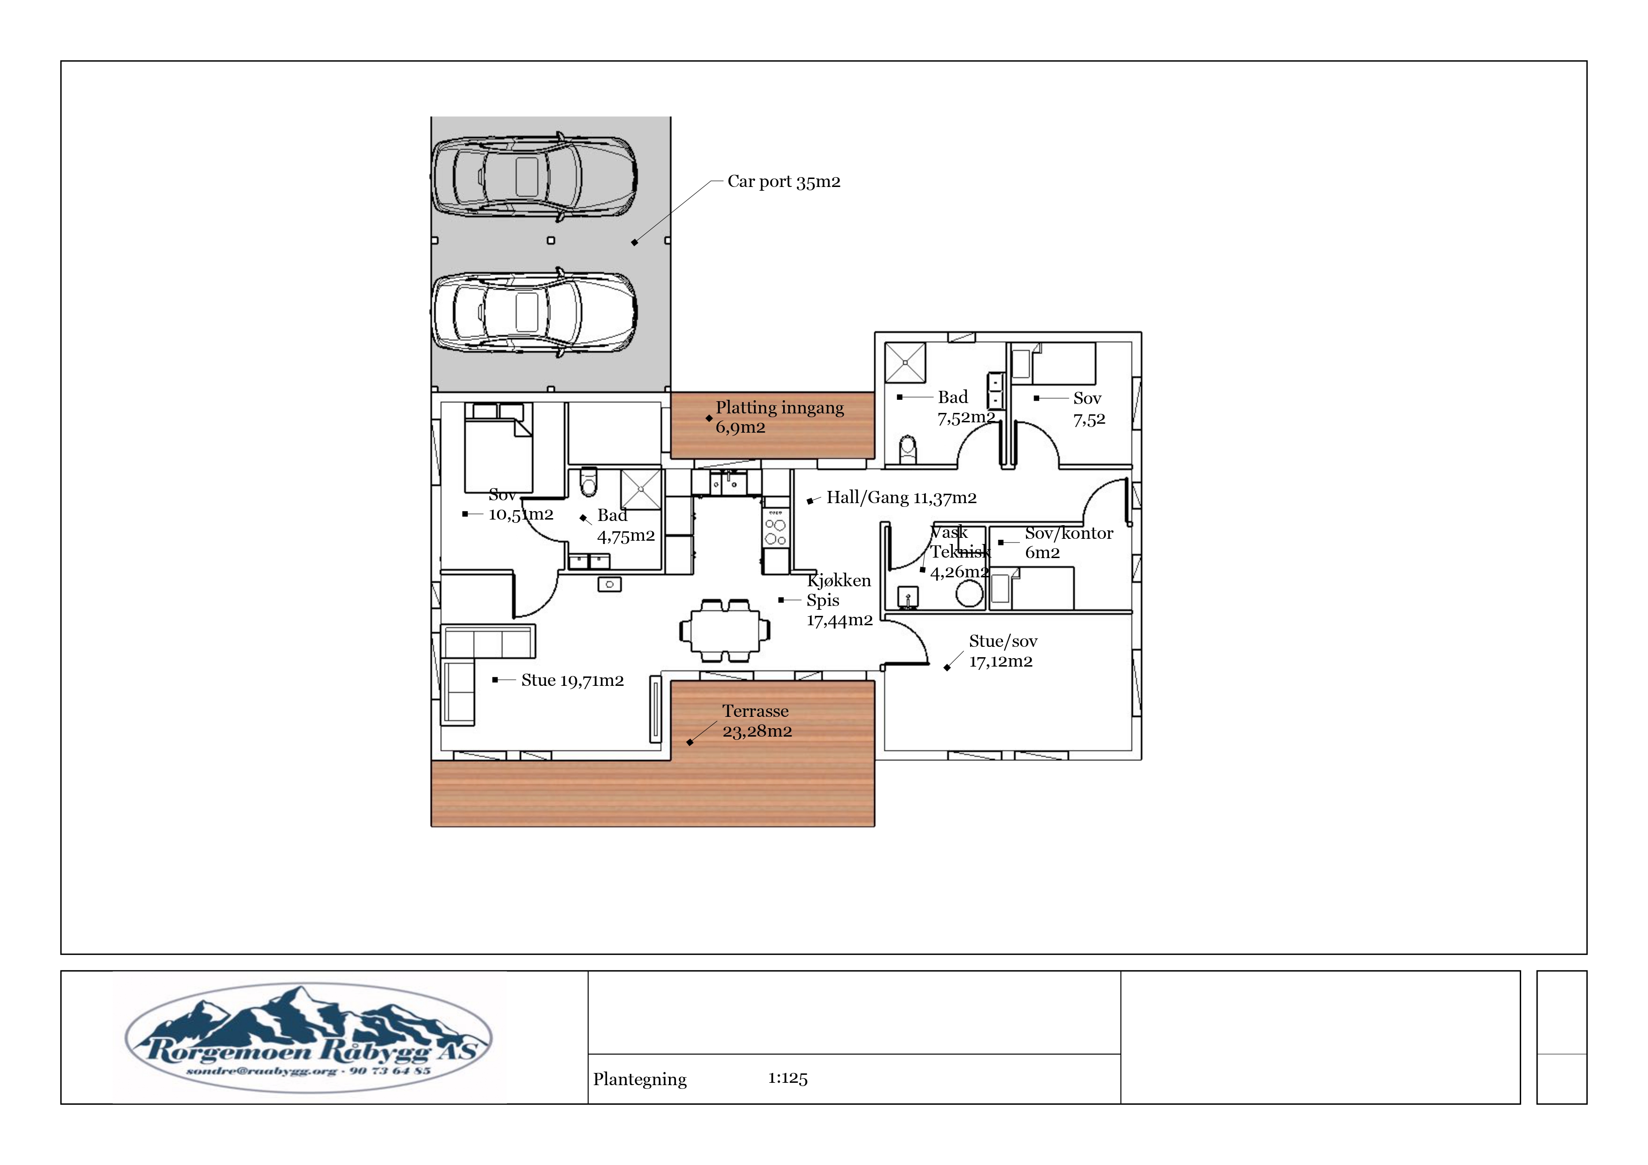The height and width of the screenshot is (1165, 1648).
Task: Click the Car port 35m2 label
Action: click(784, 182)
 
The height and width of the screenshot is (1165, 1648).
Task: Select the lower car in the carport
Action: click(534, 312)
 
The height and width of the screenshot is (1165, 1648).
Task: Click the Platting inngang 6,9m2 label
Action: click(779, 417)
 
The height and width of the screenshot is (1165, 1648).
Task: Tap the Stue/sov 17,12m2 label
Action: click(1003, 651)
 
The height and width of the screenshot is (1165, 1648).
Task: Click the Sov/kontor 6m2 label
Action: click(1069, 543)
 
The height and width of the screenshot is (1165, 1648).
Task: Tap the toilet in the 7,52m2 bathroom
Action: click(908, 450)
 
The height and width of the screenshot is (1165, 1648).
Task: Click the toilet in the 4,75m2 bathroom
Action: click(589, 482)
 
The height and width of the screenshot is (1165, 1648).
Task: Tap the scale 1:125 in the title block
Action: click(787, 1078)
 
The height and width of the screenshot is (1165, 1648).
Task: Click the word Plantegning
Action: click(639, 1080)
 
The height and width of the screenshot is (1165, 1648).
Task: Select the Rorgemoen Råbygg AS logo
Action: click(309, 1038)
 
